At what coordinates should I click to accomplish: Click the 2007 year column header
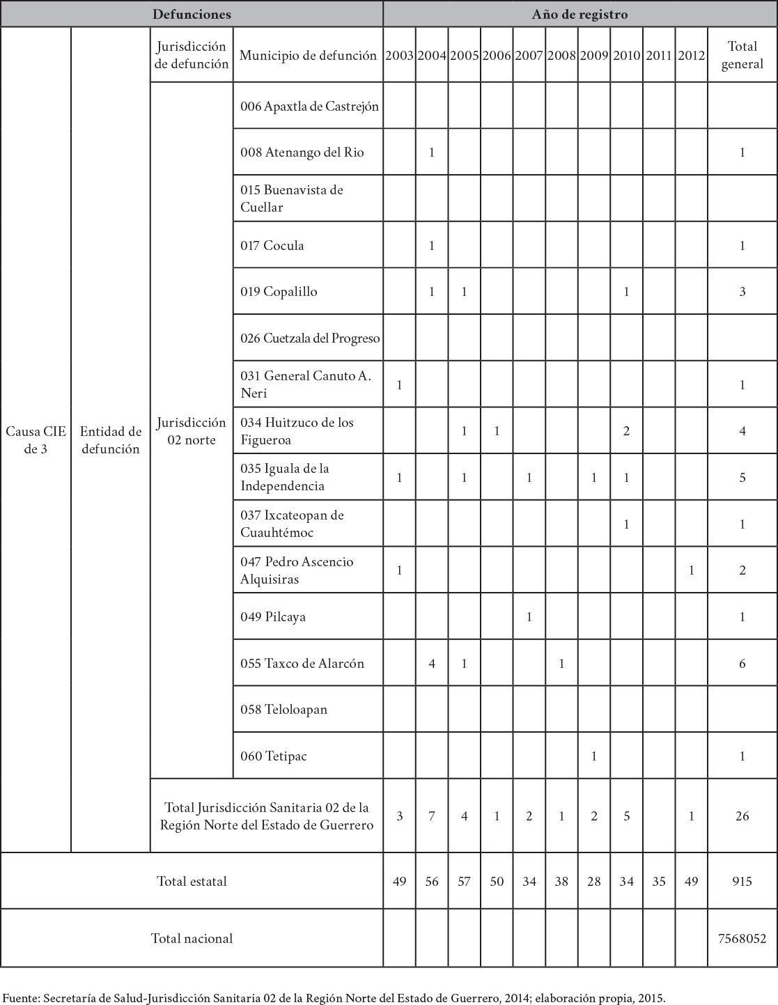pyautogui.click(x=529, y=56)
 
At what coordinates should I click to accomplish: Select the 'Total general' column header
pyautogui.click(x=742, y=55)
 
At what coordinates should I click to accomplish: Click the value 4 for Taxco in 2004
pyautogui.click(x=432, y=663)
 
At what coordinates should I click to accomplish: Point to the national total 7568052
pyautogui.click(x=742, y=938)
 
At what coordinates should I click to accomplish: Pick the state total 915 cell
pyautogui.click(x=742, y=881)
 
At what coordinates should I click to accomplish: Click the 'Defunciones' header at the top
pyautogui.click(x=192, y=14)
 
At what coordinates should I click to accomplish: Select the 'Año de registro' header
pyautogui.click(x=579, y=14)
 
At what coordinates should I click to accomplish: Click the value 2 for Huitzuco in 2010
pyautogui.click(x=626, y=431)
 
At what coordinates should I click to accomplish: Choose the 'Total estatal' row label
pyautogui.click(x=192, y=881)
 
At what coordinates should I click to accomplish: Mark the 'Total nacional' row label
pyautogui.click(x=192, y=938)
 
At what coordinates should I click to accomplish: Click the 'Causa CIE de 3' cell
pyautogui.click(x=36, y=440)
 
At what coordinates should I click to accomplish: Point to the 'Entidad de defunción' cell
pyautogui.click(x=111, y=440)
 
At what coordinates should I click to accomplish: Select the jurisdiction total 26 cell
pyautogui.click(x=742, y=816)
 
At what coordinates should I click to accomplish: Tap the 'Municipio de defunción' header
pyautogui.click(x=308, y=56)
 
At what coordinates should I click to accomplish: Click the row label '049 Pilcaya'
pyautogui.click(x=273, y=616)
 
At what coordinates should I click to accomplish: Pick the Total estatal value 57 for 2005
pyautogui.click(x=464, y=881)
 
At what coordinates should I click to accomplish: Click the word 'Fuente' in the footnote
pyautogui.click(x=21, y=997)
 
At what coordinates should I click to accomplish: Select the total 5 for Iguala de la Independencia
pyautogui.click(x=742, y=478)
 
